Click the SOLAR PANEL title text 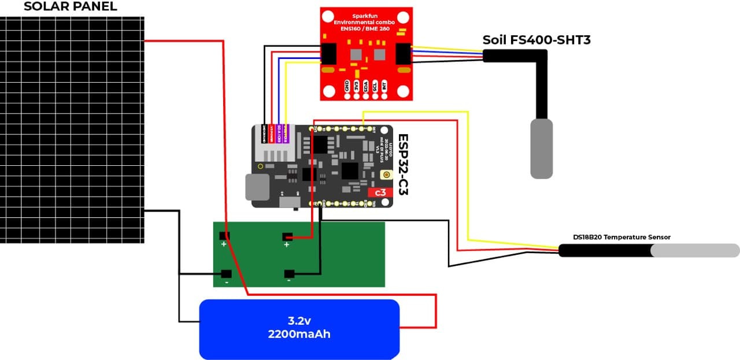70,7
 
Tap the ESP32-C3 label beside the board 403,165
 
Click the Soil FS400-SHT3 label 536,40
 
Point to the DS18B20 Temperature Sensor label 621,237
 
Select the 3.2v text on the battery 299,321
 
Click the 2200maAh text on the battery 299,334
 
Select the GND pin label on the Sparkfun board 347,86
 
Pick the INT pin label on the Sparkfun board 384,86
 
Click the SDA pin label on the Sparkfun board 366,86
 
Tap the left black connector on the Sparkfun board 330,54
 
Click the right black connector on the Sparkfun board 403,54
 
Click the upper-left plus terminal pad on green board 224,236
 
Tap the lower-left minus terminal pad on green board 225,274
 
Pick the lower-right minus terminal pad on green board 289,274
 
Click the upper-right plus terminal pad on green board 287,236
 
